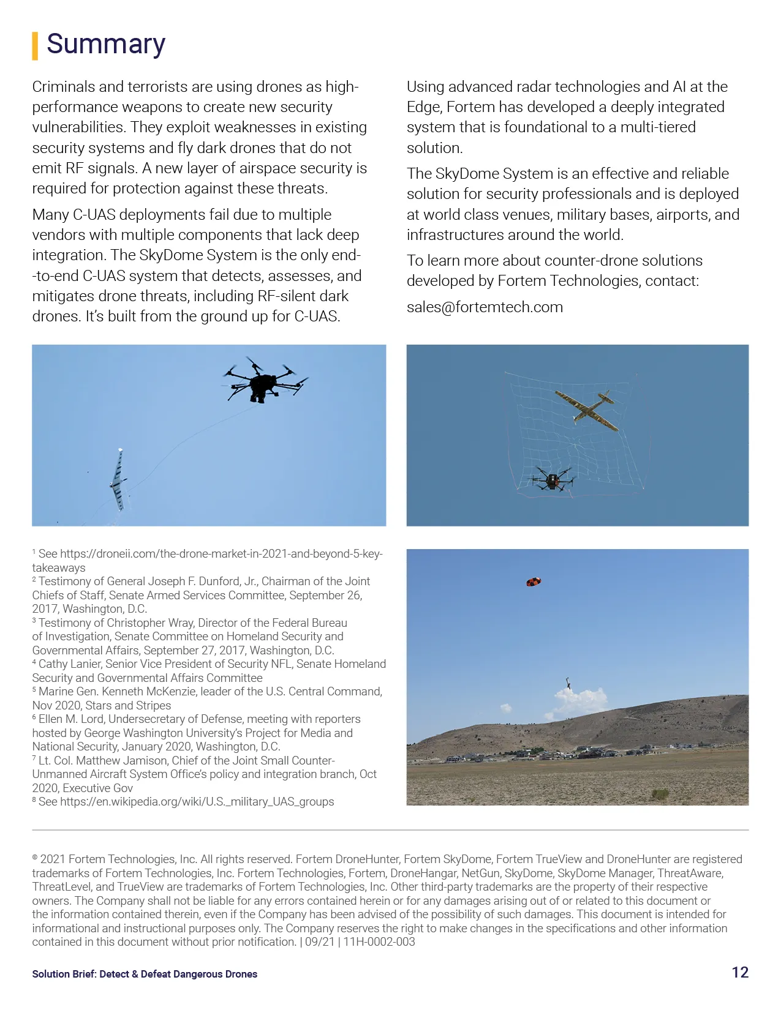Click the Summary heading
point(106,44)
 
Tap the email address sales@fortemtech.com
point(485,307)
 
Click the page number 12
point(740,973)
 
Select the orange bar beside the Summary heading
point(35,46)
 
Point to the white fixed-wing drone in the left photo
point(118,480)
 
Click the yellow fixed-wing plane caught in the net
point(586,409)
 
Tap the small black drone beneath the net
point(553,479)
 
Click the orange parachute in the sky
point(534,582)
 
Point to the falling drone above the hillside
point(568,683)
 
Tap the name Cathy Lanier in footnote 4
point(69,664)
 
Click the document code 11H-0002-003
point(379,942)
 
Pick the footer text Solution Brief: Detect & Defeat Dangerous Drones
point(145,974)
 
